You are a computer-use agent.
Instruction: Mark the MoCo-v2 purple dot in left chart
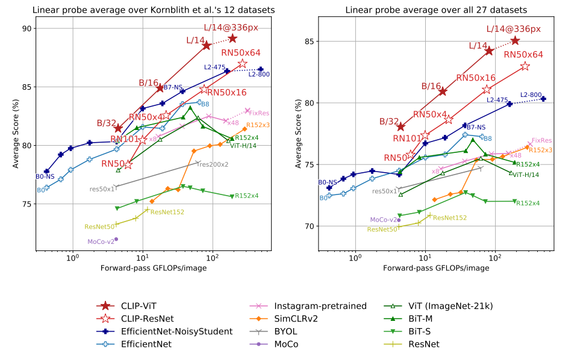pos(116,239)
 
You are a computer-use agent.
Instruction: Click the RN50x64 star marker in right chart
pos(525,66)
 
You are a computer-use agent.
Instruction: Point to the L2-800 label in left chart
pos(259,75)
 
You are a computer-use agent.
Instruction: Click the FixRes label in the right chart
pos(542,140)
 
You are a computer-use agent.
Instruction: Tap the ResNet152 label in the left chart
pos(167,212)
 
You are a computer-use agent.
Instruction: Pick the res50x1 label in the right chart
pos(385,191)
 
